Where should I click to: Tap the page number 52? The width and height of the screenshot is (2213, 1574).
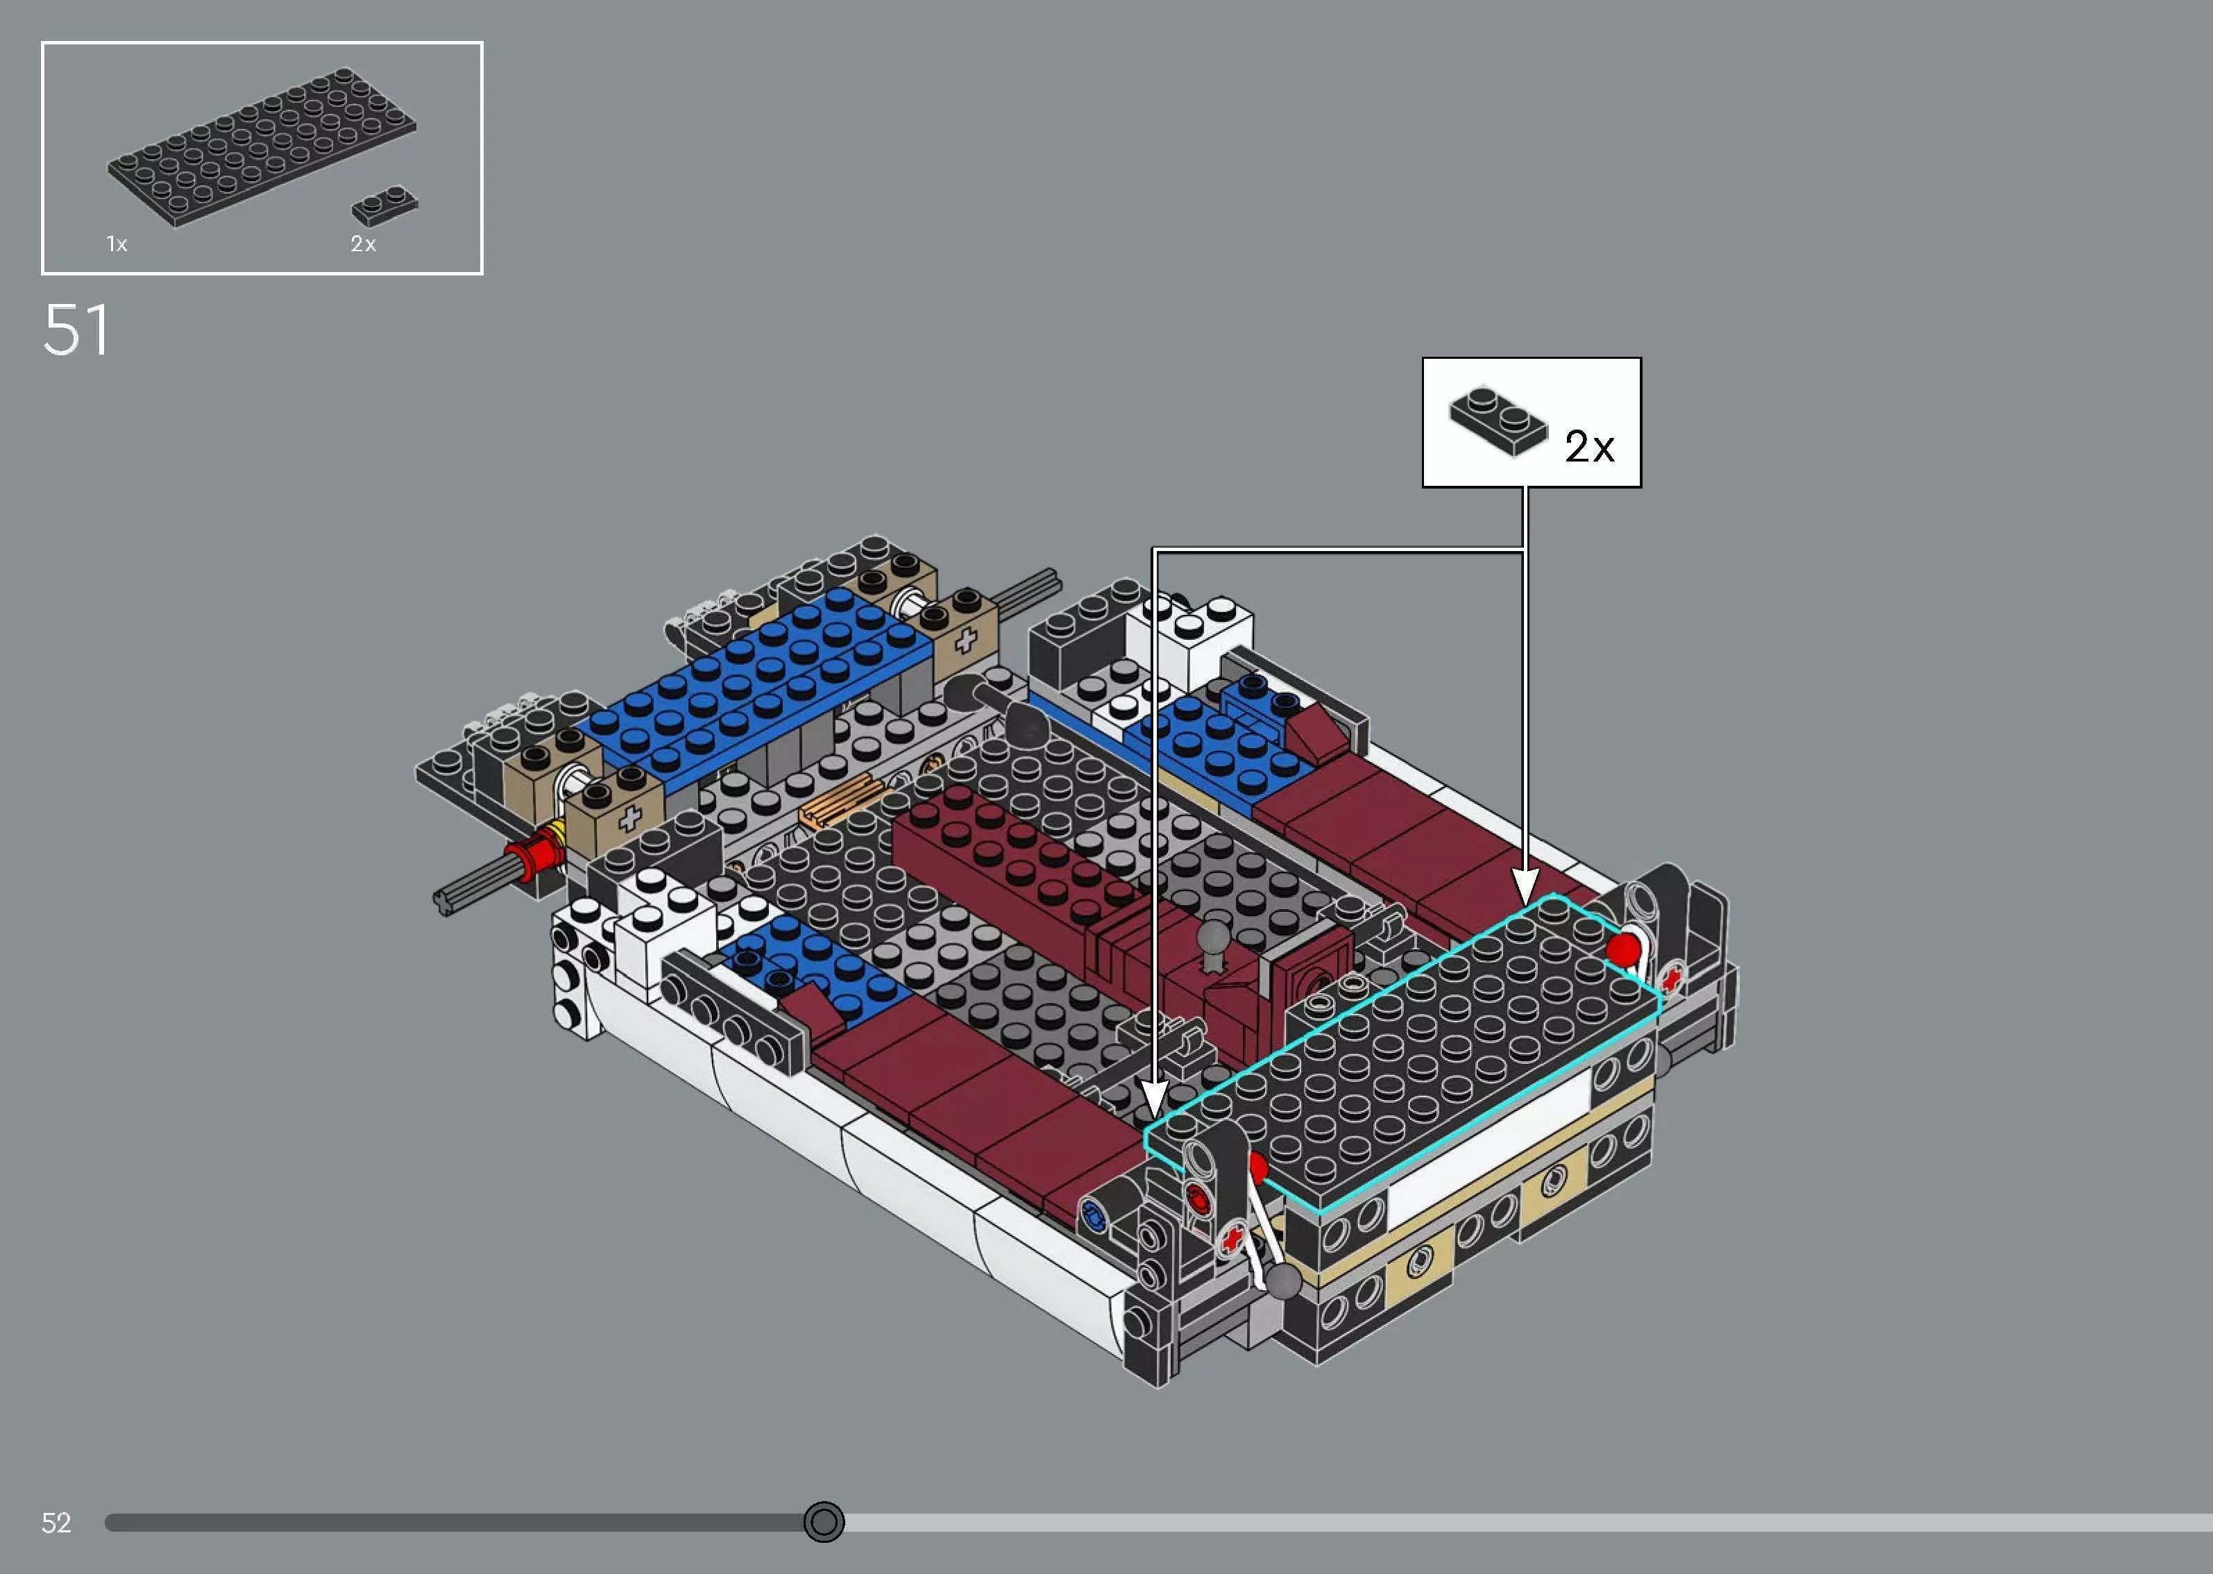(56, 1523)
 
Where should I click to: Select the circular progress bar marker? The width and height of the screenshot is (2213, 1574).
(824, 1522)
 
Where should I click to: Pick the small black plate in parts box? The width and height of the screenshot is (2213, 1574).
(384, 205)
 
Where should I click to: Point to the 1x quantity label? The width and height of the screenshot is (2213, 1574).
(117, 244)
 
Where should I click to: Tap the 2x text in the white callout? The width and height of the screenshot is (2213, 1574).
(1589, 447)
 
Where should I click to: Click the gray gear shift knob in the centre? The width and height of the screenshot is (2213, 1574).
(1213, 938)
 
